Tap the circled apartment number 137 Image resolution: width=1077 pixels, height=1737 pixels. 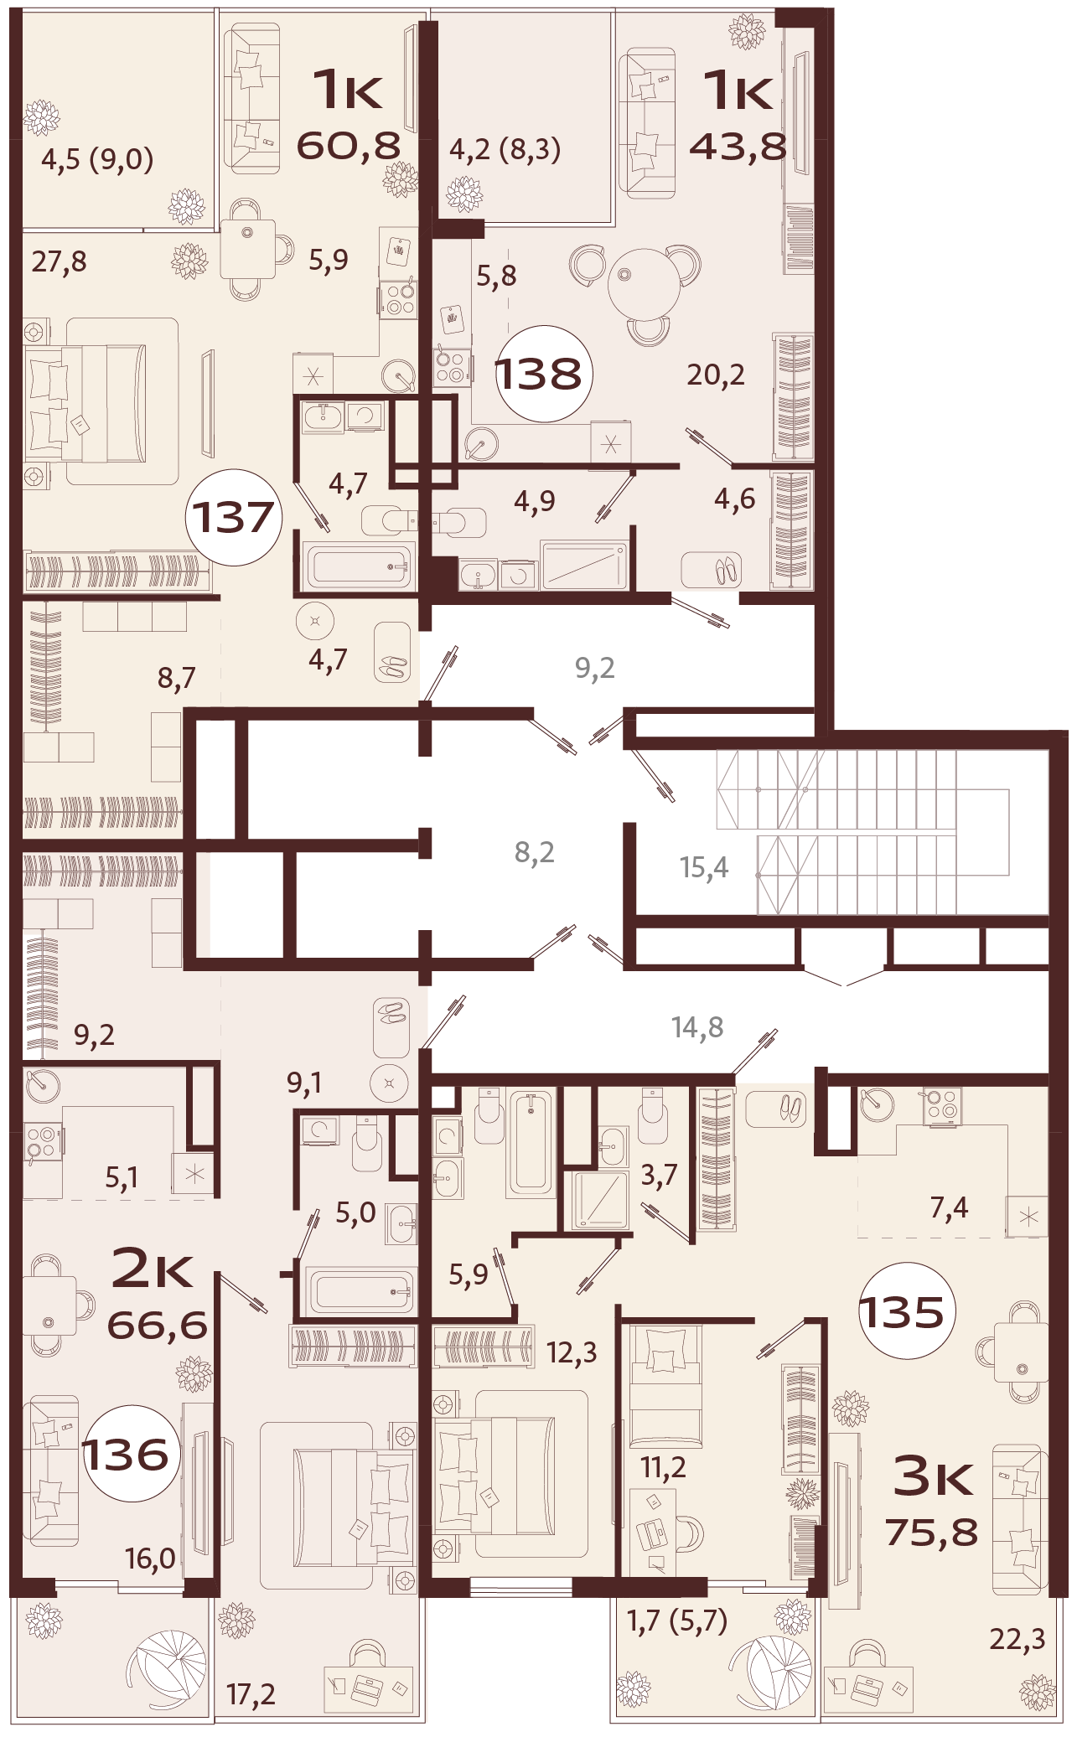pos(234,517)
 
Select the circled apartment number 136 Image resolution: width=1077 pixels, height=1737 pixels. pos(127,1455)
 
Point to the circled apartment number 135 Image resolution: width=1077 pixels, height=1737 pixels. pos(902,1312)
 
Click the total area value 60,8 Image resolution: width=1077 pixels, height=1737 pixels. pos(349,146)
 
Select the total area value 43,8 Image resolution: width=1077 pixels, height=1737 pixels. pos(738,147)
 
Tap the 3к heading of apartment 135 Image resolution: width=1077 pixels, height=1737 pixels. pos(933,1477)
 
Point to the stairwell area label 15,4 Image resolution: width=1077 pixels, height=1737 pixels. pos(704,868)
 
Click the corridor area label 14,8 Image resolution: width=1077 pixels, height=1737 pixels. pos(697,1027)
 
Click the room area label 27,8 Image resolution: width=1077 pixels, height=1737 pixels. pos(60,261)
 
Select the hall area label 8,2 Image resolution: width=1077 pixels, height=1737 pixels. pos(535,853)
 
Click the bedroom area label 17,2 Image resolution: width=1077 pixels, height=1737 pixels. pos(251,1694)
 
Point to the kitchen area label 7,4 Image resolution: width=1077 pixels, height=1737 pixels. pos(949,1207)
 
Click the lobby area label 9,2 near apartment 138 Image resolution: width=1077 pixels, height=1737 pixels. pos(595,668)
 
